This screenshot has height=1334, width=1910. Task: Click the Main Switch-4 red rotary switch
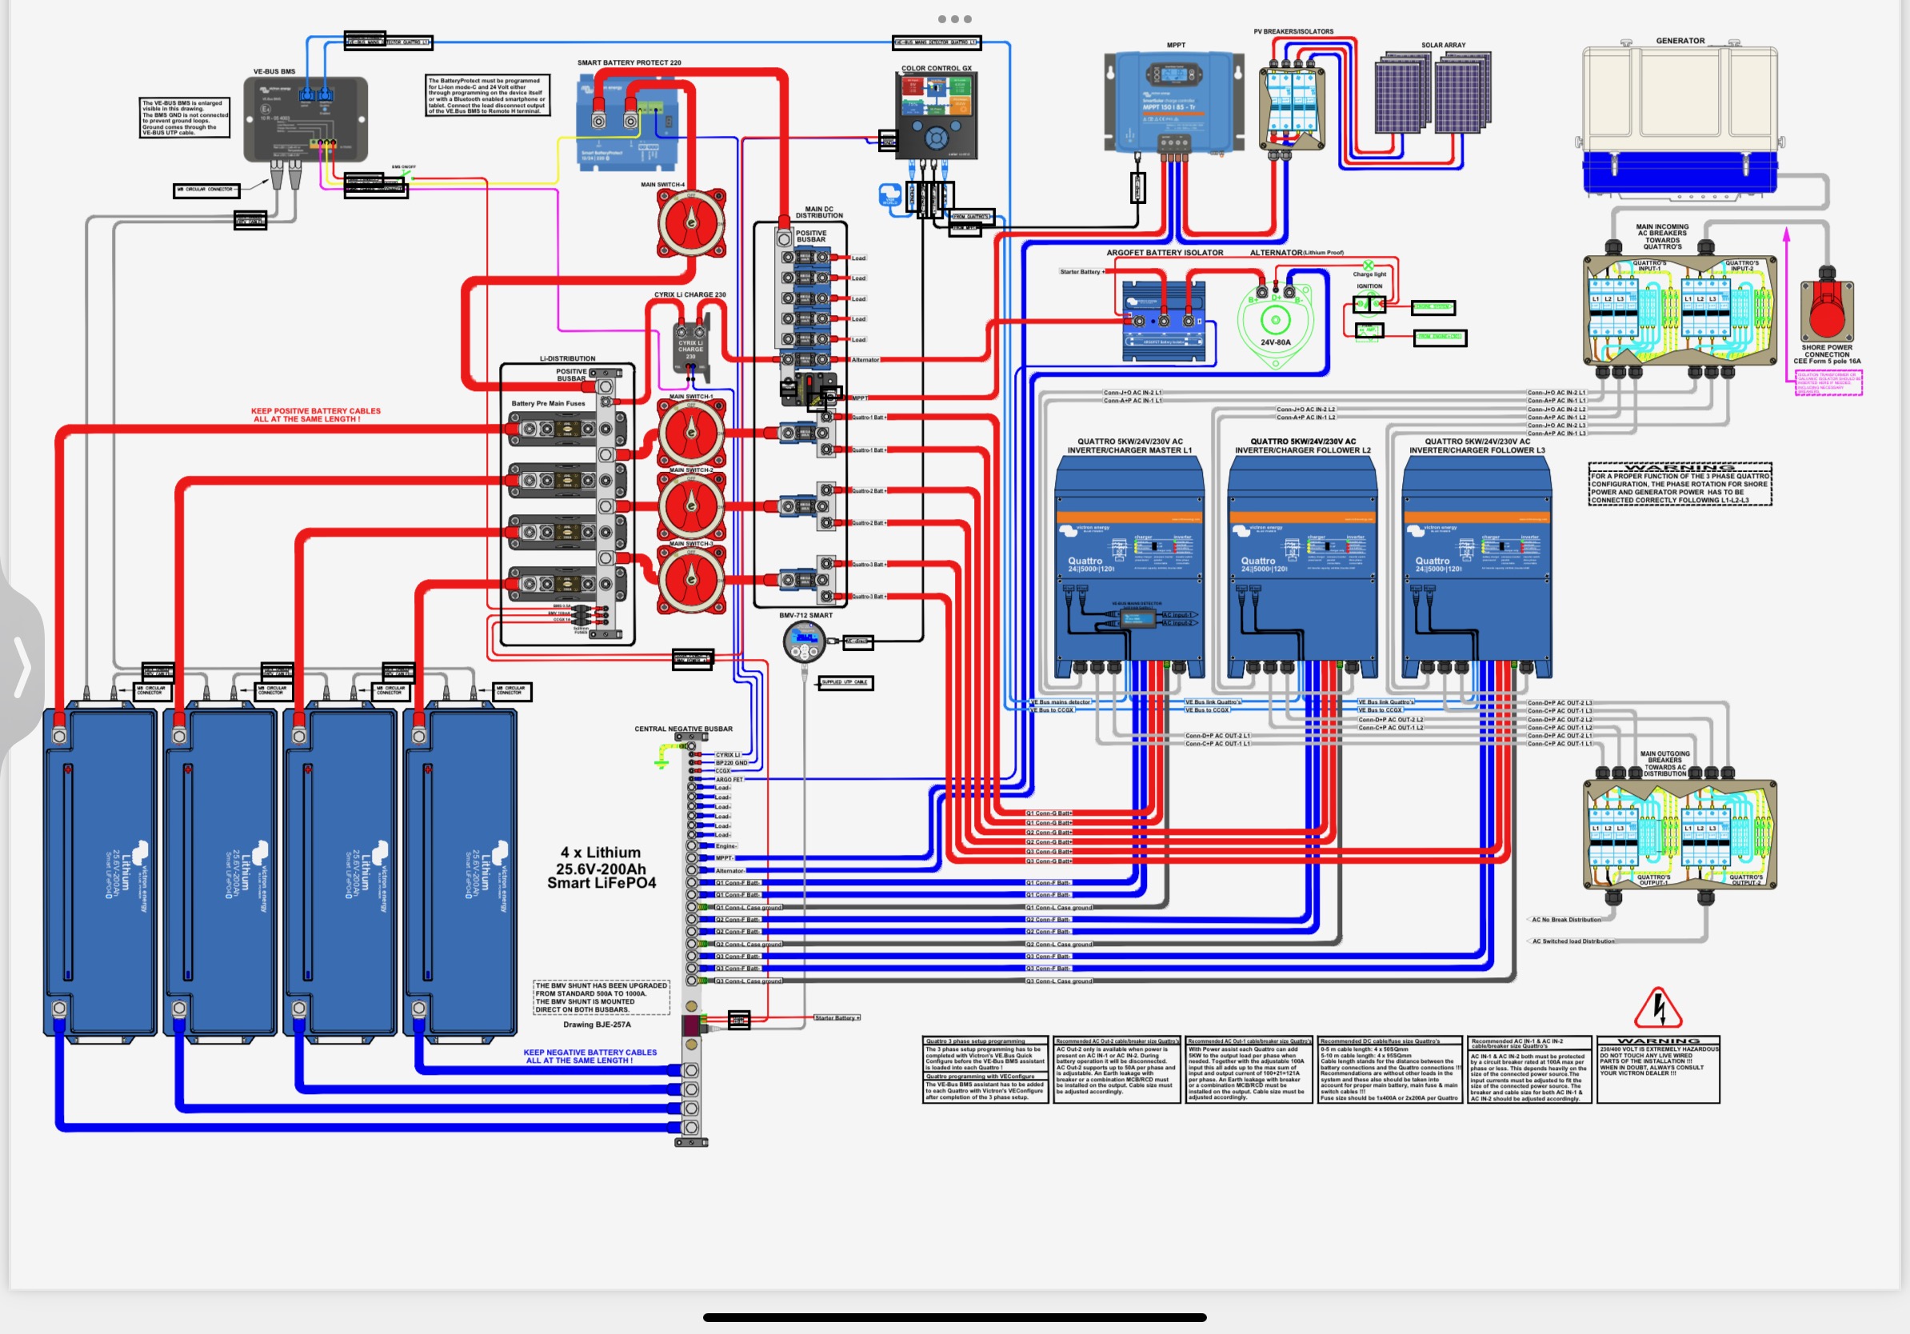(x=690, y=223)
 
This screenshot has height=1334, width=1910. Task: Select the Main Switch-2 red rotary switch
(x=690, y=505)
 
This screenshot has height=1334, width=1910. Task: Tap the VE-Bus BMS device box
(x=306, y=120)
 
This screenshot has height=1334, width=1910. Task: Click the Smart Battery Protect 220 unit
(x=627, y=121)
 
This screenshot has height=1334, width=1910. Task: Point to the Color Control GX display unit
(x=936, y=115)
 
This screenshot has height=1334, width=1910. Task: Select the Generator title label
(x=1680, y=41)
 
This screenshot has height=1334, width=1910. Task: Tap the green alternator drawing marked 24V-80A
(x=1274, y=322)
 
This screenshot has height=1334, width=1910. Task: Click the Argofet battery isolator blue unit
(x=1163, y=321)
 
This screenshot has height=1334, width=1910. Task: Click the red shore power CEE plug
(x=1826, y=308)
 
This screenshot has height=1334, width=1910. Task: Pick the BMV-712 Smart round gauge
(x=804, y=642)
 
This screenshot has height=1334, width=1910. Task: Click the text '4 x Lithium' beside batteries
(x=600, y=853)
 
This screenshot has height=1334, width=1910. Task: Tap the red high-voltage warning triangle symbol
(x=1658, y=1008)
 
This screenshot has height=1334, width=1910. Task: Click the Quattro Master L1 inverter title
(x=1129, y=445)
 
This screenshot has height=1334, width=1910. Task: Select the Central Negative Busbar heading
(x=683, y=729)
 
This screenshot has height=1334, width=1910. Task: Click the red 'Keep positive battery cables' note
(x=315, y=415)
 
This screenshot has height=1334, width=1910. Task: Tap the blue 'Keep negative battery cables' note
(x=589, y=1056)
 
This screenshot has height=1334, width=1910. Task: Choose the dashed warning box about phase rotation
(x=1680, y=484)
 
